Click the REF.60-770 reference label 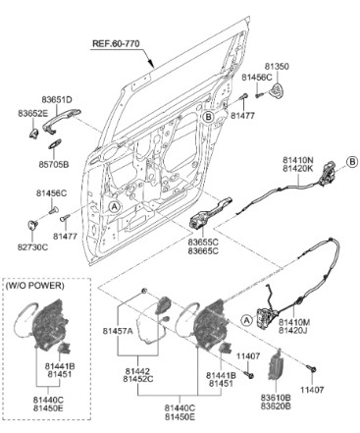click(116, 44)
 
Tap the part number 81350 click(277, 67)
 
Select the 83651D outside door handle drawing click(61, 120)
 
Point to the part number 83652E click(32, 114)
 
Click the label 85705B click(54, 164)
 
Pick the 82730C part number click(32, 247)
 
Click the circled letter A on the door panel click(114, 207)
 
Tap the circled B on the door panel click(209, 117)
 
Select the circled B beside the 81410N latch click(352, 162)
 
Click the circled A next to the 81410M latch click(247, 320)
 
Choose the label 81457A click(118, 331)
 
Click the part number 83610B click(276, 398)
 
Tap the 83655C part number click(203, 243)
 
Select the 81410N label click(298, 160)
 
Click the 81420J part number click(293, 331)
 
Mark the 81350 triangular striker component click(277, 89)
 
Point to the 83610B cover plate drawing click(275, 365)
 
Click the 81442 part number click(137, 372)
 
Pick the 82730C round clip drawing click(31, 226)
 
